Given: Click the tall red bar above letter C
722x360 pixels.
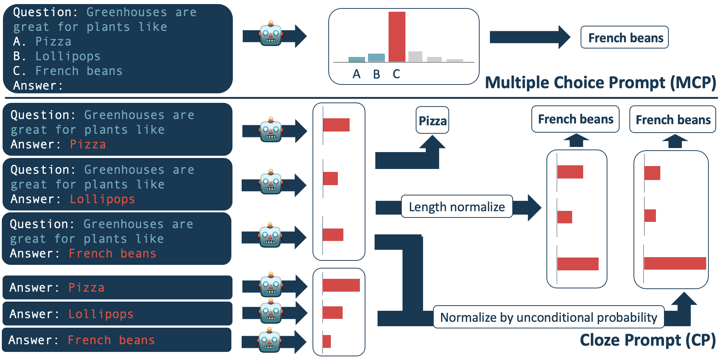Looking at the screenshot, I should [x=397, y=37].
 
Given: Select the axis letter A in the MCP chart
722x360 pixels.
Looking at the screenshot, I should [x=356, y=74].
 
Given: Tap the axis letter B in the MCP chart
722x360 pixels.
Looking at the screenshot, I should [x=376, y=74].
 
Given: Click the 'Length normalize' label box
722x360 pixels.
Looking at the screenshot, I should [x=457, y=207].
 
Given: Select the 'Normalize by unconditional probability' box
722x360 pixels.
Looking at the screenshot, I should [x=549, y=317].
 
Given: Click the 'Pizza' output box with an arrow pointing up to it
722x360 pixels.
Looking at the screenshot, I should [x=432, y=120].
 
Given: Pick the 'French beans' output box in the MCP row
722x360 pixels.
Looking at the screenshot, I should [x=625, y=37].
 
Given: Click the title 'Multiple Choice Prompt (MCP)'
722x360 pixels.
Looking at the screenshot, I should [x=600, y=83].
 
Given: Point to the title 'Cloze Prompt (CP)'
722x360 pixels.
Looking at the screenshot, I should [x=647, y=340].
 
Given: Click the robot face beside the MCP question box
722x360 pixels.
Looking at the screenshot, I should [x=271, y=34].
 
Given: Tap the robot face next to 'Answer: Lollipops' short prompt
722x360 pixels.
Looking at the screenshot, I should [x=271, y=312].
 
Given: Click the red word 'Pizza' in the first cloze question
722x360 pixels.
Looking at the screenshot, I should [x=88, y=144].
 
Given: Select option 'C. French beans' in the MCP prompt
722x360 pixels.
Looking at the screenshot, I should [x=68, y=71].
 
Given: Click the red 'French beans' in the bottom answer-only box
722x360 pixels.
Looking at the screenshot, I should [x=111, y=340].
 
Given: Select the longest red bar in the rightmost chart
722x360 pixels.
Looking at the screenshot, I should [x=675, y=263].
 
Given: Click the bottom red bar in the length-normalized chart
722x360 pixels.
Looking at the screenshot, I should [x=578, y=264].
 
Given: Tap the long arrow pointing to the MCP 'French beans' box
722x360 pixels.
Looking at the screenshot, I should [x=529, y=37].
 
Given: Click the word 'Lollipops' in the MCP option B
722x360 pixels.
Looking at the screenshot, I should [x=68, y=56].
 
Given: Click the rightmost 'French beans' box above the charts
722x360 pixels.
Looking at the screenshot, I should [x=673, y=119].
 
